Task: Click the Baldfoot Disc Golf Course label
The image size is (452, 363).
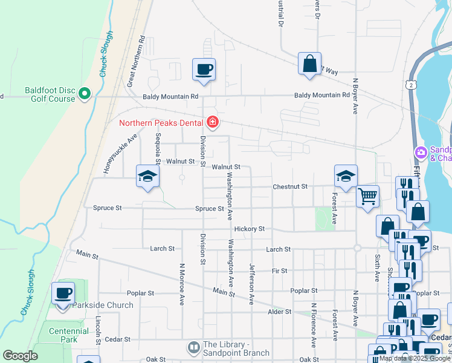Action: click(50, 94)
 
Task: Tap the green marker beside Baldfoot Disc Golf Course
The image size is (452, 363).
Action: click(84, 94)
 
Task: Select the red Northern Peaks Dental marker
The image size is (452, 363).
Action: click(212, 123)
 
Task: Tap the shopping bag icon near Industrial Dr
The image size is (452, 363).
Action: click(309, 64)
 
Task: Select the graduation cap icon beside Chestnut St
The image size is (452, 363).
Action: click(346, 176)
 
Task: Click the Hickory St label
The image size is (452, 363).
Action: click(250, 229)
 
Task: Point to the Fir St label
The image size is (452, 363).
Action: click(279, 270)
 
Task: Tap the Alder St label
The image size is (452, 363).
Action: click(279, 312)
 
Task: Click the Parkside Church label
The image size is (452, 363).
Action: click(103, 305)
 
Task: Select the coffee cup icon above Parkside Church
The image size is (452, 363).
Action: click(63, 293)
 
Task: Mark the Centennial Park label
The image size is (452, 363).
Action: click(63, 335)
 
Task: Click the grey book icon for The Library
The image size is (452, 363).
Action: click(193, 348)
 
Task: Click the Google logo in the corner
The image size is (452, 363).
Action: click(20, 356)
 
